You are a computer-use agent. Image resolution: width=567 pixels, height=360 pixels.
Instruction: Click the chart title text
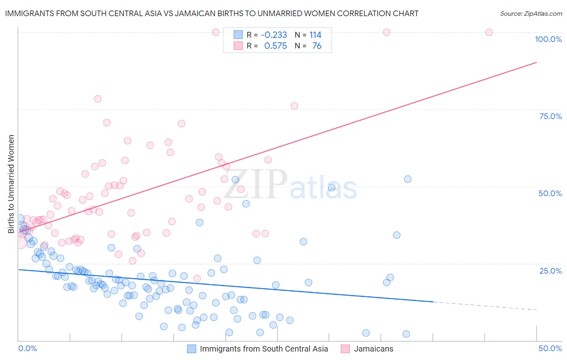(x=211, y=13)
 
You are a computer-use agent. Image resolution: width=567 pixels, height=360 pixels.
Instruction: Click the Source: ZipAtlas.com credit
(x=531, y=13)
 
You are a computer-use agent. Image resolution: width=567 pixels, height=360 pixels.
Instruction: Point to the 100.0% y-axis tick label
(x=548, y=39)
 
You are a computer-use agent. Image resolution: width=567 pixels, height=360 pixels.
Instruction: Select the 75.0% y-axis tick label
(x=550, y=116)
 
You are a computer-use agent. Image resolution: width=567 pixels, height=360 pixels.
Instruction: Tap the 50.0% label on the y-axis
(x=550, y=193)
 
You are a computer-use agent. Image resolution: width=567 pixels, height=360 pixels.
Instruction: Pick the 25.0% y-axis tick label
(x=550, y=270)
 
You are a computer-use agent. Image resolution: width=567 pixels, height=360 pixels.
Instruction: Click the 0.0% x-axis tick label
(x=27, y=348)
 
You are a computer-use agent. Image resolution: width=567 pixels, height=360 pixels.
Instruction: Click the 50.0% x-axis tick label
(x=550, y=348)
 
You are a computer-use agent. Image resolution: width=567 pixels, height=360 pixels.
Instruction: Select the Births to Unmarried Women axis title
(x=11, y=184)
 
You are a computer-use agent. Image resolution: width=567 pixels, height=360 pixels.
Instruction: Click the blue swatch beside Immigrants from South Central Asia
(x=192, y=349)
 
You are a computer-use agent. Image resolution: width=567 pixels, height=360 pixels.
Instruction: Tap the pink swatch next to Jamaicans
(x=345, y=349)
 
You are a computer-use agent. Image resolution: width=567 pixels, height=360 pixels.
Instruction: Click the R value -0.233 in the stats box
(x=274, y=35)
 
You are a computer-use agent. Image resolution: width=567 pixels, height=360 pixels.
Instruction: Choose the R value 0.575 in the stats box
(x=275, y=46)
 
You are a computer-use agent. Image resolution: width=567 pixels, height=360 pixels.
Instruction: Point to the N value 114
(x=315, y=35)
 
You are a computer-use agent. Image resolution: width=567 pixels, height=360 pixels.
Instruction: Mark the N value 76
(x=317, y=46)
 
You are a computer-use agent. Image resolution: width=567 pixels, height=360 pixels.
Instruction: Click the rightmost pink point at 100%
(x=489, y=32)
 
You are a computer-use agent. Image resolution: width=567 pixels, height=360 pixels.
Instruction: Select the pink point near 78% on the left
(x=98, y=99)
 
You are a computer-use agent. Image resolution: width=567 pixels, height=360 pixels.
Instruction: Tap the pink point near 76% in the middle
(x=294, y=106)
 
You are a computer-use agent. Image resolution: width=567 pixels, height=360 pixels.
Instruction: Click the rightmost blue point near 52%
(x=408, y=179)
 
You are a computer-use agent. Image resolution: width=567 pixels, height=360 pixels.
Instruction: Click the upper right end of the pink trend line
(x=536, y=62)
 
